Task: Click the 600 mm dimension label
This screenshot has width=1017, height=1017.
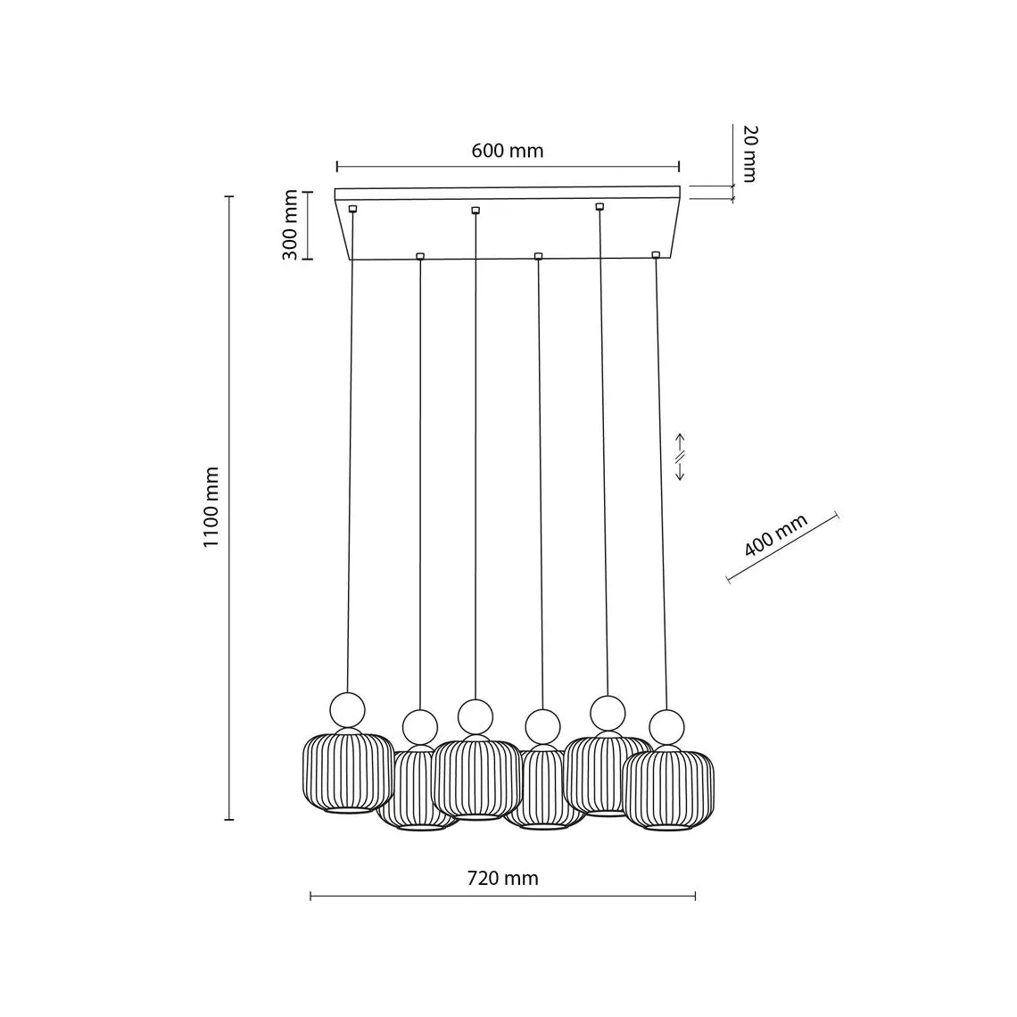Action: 508,151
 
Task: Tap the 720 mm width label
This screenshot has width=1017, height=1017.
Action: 502,878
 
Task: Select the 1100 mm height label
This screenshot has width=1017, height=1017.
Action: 211,507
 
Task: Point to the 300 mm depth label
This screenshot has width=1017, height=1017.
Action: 290,225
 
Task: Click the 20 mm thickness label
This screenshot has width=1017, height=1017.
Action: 749,153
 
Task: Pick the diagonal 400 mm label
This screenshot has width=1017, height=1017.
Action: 776,535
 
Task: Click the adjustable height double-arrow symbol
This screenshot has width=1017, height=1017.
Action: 680,457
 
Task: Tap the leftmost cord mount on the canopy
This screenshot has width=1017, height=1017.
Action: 353,209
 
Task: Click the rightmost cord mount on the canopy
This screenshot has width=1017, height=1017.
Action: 656,255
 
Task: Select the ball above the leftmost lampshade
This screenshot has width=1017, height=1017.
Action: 348,709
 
